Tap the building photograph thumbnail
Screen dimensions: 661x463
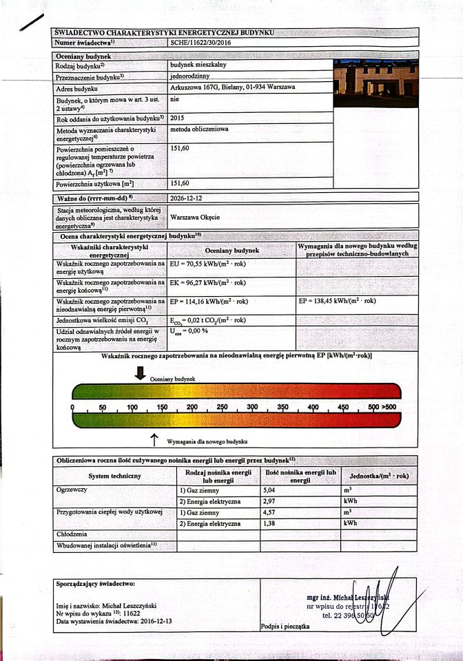pyautogui.click(x=373, y=83)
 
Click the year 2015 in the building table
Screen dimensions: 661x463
pyautogui.click(x=178, y=118)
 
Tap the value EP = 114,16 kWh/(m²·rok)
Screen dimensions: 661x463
pyautogui.click(x=213, y=301)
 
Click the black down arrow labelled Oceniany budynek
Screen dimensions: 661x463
pyautogui.click(x=140, y=373)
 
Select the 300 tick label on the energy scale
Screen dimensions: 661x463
pyautogui.click(x=251, y=407)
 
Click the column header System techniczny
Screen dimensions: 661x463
pyautogui.click(x=115, y=476)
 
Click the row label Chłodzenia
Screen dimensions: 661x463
pyautogui.click(x=72, y=534)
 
